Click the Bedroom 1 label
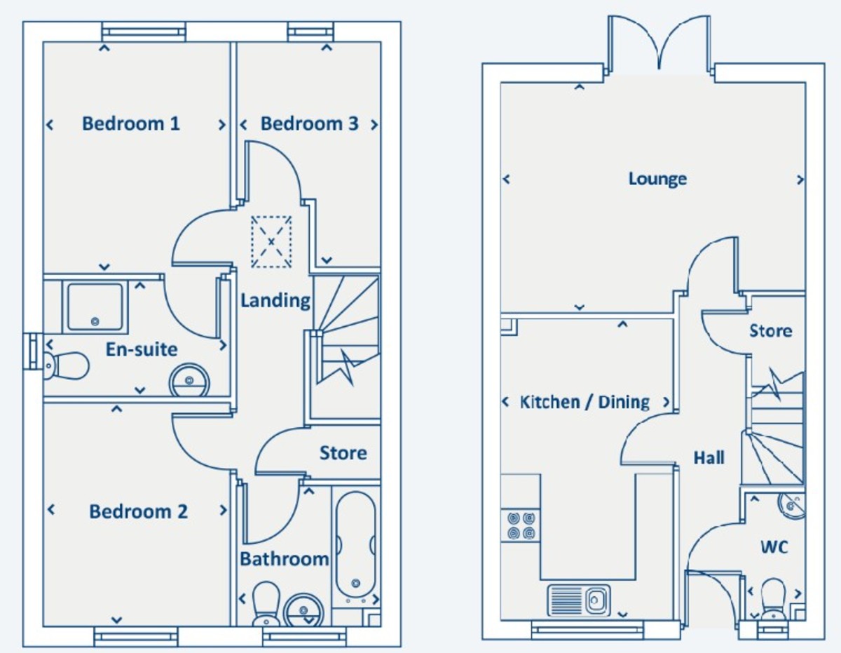pos(131,123)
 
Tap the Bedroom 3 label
pos(309,123)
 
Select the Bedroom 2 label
pos(138,511)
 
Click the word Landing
pos(275,300)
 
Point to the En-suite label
pos(142,349)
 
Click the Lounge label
pos(657,178)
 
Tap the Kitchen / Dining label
pos(584,402)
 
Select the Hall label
pos(709,458)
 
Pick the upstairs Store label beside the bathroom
pos(343,453)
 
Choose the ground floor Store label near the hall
pos(770,330)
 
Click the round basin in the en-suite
pos(188,379)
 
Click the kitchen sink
pos(579,600)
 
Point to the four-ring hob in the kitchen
pos(521,525)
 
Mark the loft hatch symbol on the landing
pos(271,242)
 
